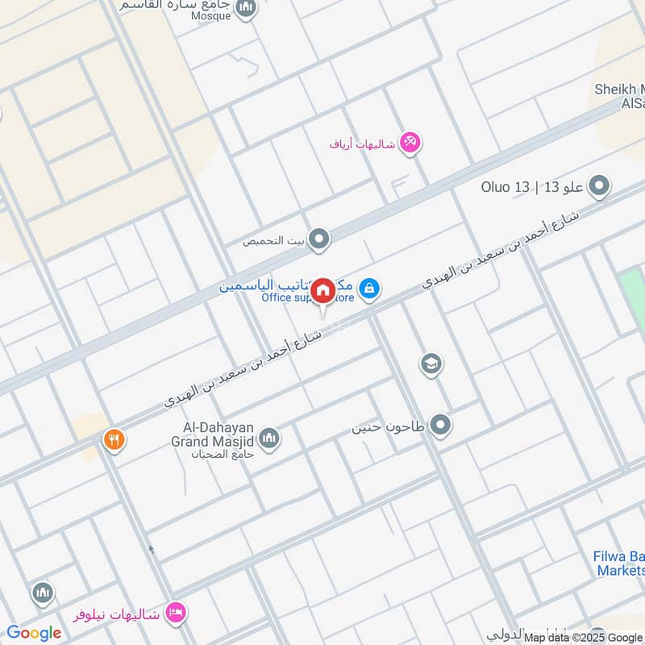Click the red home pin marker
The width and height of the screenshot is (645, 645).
click(x=322, y=290)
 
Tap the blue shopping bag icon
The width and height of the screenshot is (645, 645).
click(x=369, y=288)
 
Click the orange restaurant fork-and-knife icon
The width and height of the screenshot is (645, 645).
click(x=114, y=440)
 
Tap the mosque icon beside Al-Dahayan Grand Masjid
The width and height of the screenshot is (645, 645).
click(x=269, y=437)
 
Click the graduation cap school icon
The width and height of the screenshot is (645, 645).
click(x=431, y=364)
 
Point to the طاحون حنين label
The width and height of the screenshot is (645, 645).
click(x=389, y=425)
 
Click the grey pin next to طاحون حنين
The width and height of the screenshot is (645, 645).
click(x=439, y=424)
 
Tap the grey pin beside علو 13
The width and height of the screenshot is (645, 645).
click(x=599, y=187)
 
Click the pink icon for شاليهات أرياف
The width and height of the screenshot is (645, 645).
click(x=411, y=143)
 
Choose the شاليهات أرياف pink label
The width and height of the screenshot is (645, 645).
click(x=363, y=144)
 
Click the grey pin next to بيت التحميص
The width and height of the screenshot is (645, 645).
click(x=320, y=239)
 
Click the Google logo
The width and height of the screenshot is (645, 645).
click(x=34, y=633)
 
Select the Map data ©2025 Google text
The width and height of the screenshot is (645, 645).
click(x=580, y=637)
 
